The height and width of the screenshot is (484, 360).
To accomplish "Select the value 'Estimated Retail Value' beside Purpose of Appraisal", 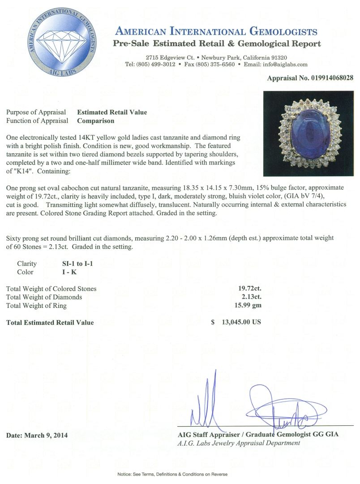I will coord(112,112).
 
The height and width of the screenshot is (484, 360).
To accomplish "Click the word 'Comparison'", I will coord(95,121).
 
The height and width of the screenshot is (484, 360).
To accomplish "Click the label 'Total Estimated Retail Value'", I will coord(50,323).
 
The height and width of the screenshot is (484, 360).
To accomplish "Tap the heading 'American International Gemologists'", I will coord(216,32).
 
